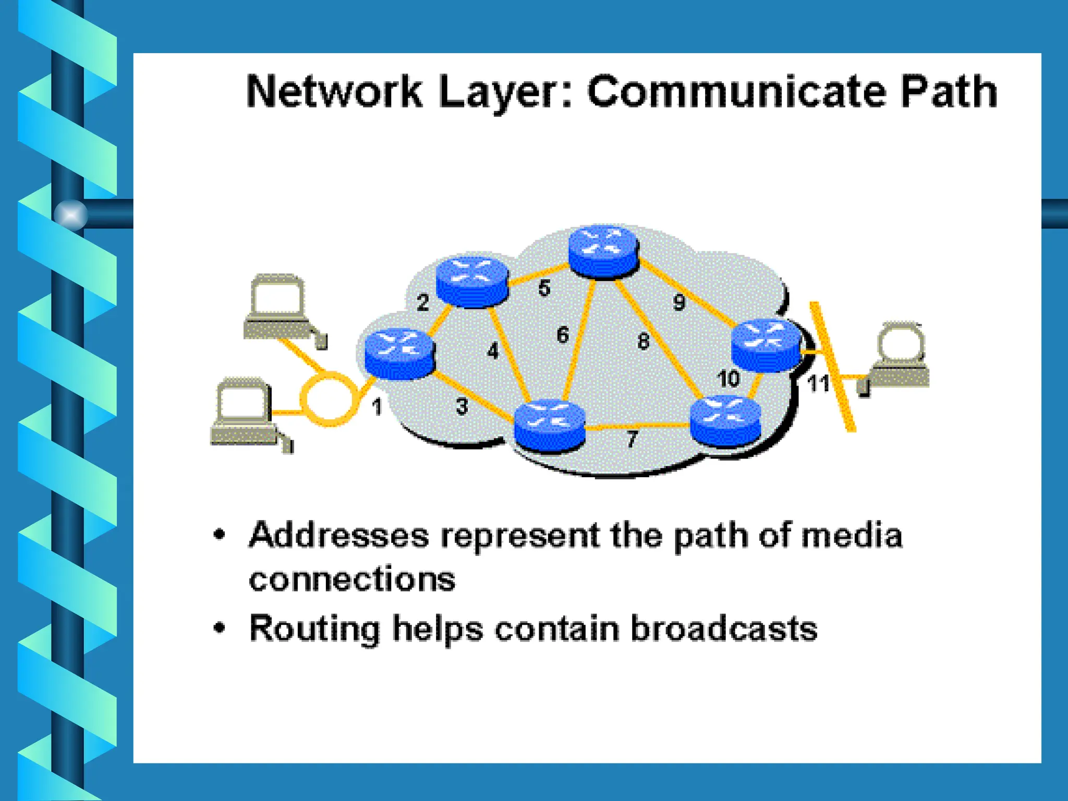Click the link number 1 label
pos(377,407)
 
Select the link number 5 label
pos(544,288)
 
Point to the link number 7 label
pos(632,439)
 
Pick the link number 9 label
pos(678,302)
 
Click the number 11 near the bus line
pos(818,384)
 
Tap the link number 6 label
pos(562,335)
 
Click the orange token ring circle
pos(329,399)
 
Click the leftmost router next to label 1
pos(399,353)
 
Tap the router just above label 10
pos(766,345)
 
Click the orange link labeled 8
pos(658,339)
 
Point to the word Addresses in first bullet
pos(338,536)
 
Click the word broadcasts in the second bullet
pos(723,628)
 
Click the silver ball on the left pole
pos(70,214)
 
